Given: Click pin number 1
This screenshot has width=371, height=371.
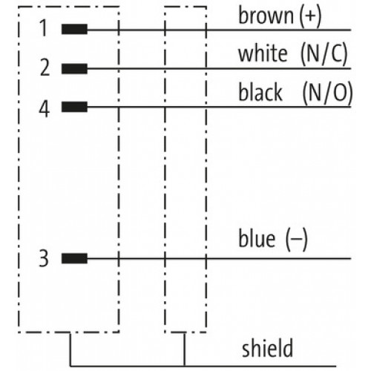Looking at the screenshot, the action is [x=44, y=28].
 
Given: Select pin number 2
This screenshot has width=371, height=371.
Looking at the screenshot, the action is [x=45, y=68].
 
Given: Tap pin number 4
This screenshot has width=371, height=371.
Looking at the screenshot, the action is [x=45, y=109].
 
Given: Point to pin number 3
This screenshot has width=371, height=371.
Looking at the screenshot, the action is [x=44, y=258].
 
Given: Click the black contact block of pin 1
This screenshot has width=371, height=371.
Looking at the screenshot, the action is [x=74, y=29].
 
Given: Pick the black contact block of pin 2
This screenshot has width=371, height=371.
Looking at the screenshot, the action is [x=74, y=68].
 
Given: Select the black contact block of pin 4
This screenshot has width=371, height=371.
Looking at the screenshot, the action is [x=74, y=107].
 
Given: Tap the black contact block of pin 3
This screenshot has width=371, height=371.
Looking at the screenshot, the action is [x=74, y=258].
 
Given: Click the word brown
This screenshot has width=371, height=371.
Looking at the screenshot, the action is [x=266, y=16].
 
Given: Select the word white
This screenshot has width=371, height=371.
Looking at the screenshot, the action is [x=263, y=53].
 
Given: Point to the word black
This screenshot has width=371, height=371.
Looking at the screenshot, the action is [x=260, y=92].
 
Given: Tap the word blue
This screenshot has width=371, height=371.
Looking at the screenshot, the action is [x=257, y=238].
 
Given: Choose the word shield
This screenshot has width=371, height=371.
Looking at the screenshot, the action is [x=267, y=348].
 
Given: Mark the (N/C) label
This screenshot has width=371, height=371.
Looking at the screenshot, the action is [x=324, y=54].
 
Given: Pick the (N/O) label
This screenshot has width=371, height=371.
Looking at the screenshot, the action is [x=327, y=93].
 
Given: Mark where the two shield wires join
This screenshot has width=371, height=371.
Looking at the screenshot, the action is [x=184, y=366].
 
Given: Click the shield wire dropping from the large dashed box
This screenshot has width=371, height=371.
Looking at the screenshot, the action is [x=70, y=349].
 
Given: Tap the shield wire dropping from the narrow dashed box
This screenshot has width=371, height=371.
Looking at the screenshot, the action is [x=184, y=349].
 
